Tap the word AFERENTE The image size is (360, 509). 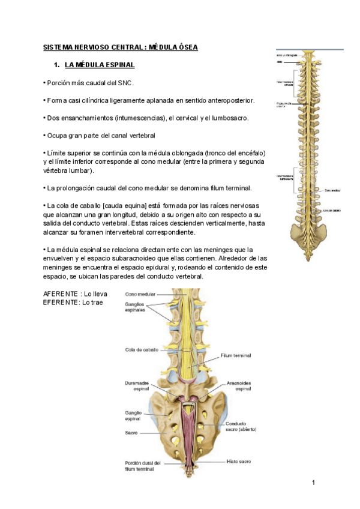pyautogui.click(x=61, y=294)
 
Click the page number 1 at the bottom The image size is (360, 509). pyautogui.click(x=313, y=483)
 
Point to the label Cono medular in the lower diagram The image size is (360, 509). pyautogui.click(x=140, y=295)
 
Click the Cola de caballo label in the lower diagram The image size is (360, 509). pyautogui.click(x=142, y=349)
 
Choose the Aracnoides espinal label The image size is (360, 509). pyautogui.click(x=242, y=385)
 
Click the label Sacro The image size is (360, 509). pyautogui.click(x=132, y=432)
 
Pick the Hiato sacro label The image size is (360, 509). pyautogui.click(x=239, y=462)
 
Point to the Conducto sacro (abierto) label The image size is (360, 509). pyautogui.click(x=240, y=426)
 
